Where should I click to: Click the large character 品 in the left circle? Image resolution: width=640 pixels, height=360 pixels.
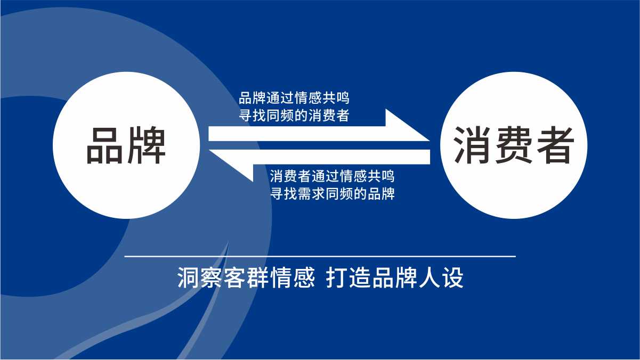click(105, 145)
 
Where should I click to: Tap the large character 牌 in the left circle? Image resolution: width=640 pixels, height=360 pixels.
click(147, 145)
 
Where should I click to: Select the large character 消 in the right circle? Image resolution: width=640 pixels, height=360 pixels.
click(472, 145)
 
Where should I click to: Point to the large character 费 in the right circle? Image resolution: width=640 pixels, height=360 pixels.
click(514, 145)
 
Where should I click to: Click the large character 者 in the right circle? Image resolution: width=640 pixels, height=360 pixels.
click(555, 145)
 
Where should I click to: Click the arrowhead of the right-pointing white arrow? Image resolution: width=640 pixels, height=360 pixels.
click(407, 126)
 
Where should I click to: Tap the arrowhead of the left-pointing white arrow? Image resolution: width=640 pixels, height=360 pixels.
click(231, 166)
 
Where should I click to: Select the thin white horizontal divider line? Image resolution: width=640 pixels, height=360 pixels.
click(320, 257)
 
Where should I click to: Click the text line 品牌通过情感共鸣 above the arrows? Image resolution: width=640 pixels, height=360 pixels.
click(294, 98)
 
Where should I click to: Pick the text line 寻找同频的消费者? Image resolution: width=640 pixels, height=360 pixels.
click(294, 116)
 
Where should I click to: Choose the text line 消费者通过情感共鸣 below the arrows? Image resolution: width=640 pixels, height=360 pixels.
click(333, 176)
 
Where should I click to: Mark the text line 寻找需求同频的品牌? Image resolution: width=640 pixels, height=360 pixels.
click(333, 193)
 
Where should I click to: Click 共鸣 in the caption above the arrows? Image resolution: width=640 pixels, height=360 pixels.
click(336, 98)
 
